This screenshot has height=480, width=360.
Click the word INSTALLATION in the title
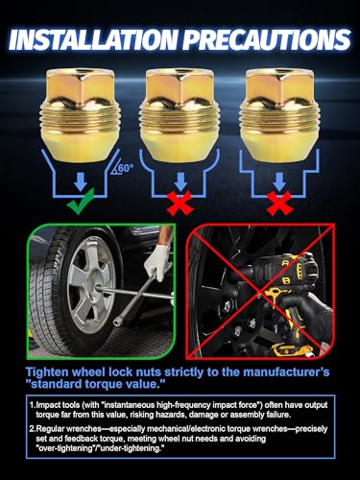93,39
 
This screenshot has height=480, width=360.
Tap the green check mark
81,202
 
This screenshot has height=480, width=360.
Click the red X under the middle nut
180,203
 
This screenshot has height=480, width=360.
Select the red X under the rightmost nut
279,203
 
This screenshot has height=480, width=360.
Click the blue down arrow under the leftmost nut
81,181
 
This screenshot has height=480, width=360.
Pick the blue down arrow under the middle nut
180,181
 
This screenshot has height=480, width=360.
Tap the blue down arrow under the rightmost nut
279,181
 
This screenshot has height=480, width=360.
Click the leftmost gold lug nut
81,115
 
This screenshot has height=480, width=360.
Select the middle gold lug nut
180,115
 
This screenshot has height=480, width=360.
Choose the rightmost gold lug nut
279,115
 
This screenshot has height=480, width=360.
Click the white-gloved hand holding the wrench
156,261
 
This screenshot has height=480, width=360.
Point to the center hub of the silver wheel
96,290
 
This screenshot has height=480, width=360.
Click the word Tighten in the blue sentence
47,372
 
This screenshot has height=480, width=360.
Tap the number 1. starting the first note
32,405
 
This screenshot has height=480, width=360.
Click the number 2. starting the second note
32,429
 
